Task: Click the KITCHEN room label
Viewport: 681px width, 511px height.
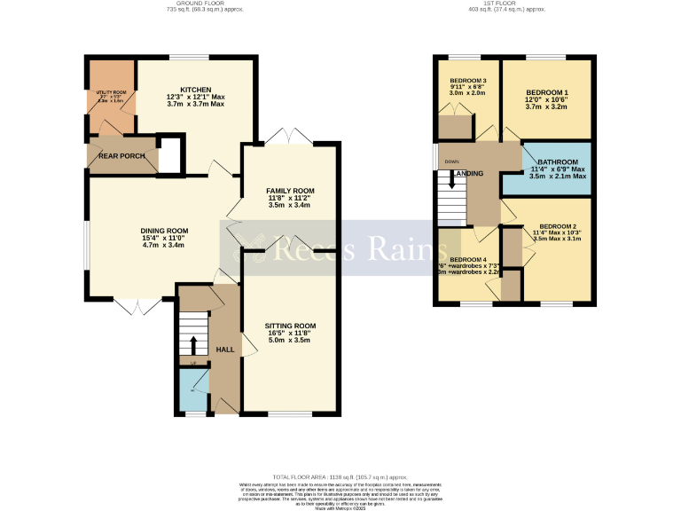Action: point(196,90)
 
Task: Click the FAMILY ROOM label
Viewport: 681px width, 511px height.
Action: point(290,191)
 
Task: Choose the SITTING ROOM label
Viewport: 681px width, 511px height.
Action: point(290,326)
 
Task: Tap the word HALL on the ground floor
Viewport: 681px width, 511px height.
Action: point(225,350)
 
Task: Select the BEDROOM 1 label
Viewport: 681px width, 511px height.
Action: point(546,92)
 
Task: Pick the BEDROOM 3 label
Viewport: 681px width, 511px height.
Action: point(467,81)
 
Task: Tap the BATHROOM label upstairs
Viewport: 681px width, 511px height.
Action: point(557,161)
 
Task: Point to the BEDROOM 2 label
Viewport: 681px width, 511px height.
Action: point(559,226)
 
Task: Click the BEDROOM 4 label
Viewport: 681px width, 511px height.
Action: point(467,259)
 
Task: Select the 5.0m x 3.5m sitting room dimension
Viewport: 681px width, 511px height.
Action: point(290,340)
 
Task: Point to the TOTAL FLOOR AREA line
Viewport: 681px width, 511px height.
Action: point(340,476)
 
